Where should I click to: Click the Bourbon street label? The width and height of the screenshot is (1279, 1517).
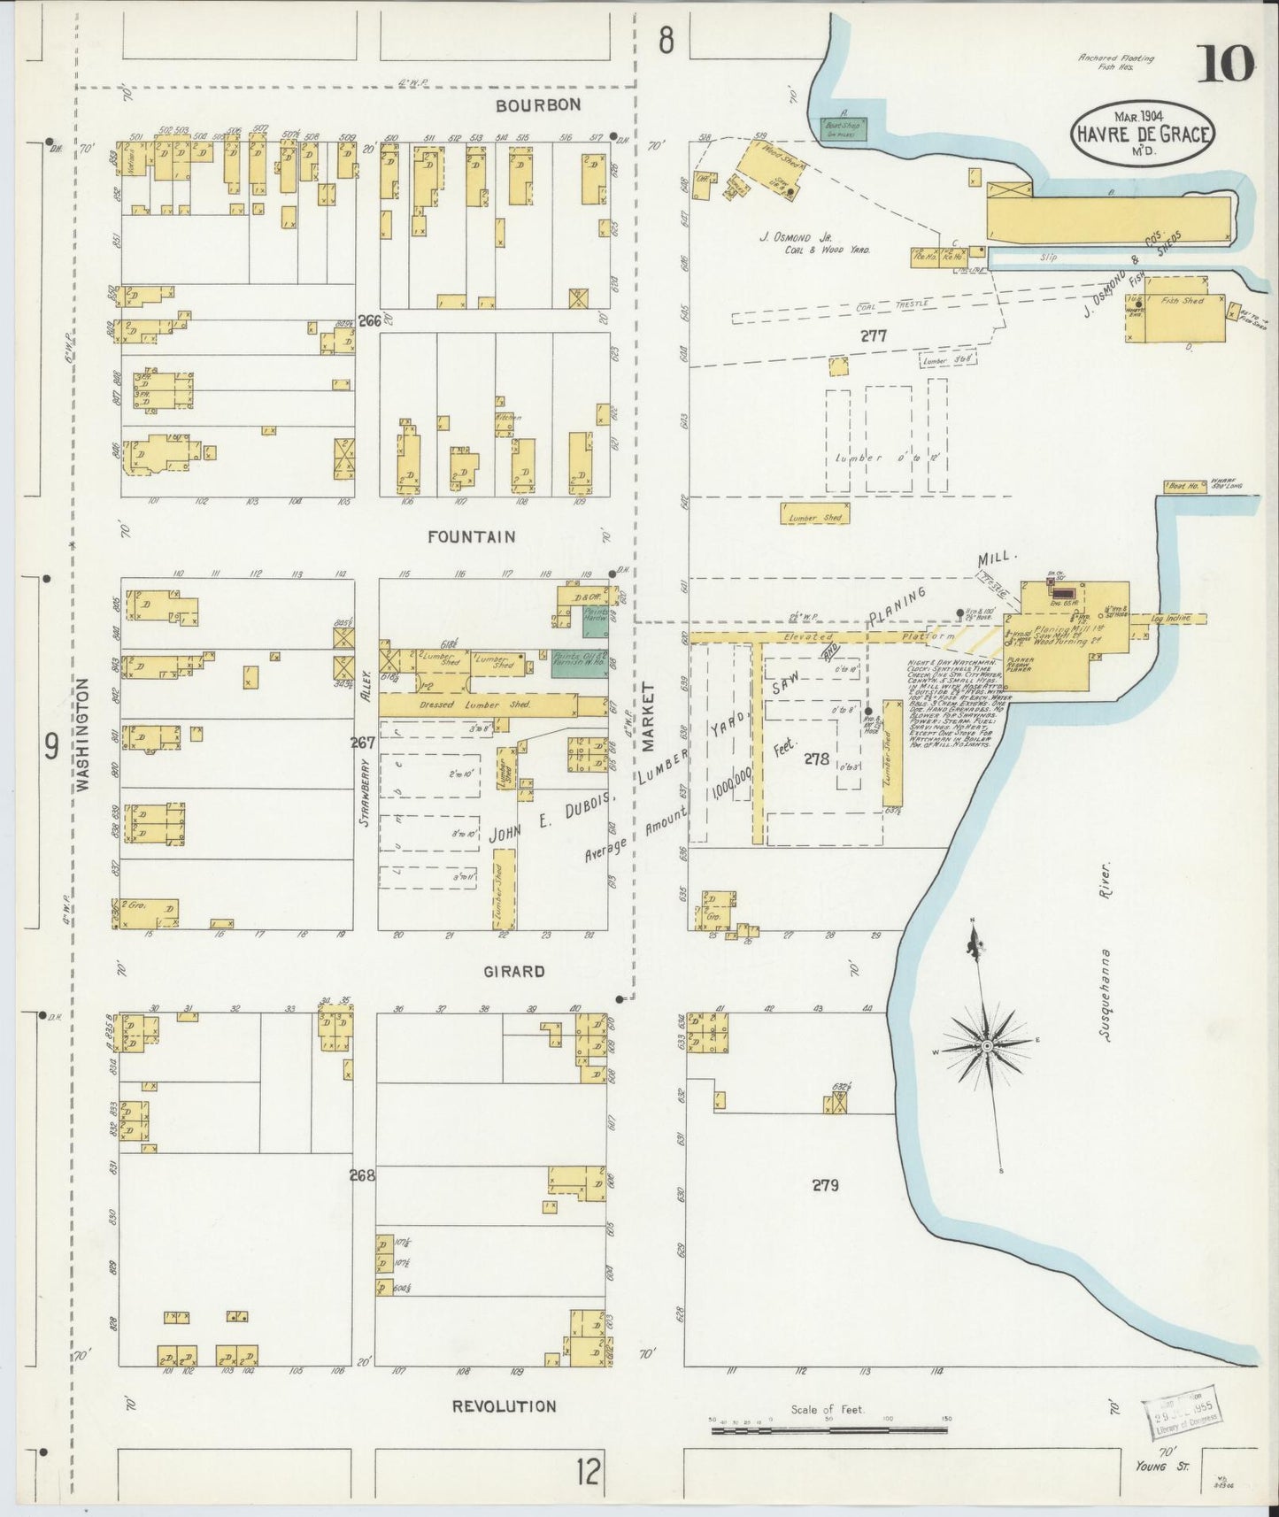[537, 105]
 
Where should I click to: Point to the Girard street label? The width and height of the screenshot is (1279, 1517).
[513, 971]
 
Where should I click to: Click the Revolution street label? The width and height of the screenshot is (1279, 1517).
[504, 1405]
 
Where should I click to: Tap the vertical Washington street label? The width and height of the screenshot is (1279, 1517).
[84, 735]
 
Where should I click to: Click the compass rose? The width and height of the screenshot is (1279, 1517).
[986, 1046]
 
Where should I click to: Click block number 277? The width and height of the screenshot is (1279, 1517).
[872, 336]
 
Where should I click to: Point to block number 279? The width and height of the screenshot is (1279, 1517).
[825, 1184]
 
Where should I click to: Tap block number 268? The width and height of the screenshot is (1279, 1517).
[363, 1175]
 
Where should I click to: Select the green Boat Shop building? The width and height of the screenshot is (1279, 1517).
[843, 128]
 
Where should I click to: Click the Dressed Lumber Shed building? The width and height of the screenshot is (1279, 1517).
[478, 705]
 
